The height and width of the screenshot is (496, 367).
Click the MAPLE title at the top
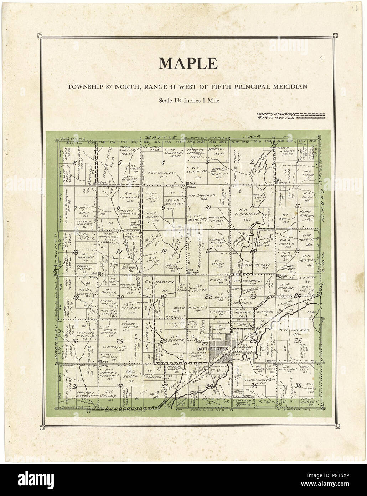188,64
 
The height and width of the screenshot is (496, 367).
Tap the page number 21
322,58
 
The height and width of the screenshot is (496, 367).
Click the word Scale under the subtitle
166,101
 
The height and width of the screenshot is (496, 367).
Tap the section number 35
254,386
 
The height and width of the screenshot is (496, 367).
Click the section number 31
75,387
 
